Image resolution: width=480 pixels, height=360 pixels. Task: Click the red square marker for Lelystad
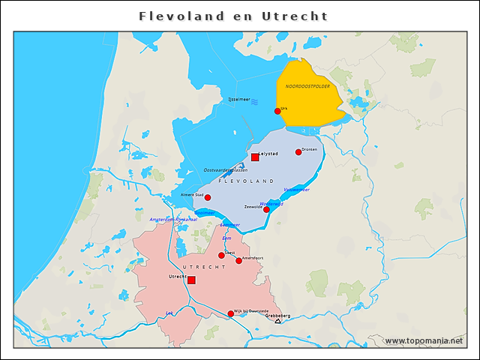tap(255, 157)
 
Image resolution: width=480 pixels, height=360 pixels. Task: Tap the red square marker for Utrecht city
tap(191, 280)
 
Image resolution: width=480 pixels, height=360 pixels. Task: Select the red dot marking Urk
tap(277, 111)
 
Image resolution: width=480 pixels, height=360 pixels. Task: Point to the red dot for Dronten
tap(298, 152)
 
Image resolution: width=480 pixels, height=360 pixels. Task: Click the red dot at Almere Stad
tap(208, 197)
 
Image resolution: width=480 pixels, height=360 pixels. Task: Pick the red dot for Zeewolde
tap(266, 210)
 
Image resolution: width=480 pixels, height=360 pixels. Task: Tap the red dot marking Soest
tap(221, 256)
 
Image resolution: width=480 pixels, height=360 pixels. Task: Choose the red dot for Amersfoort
tap(238, 261)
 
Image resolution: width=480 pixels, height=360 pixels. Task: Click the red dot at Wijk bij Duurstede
tap(230, 313)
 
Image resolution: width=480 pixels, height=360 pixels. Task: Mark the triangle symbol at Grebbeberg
tap(277, 321)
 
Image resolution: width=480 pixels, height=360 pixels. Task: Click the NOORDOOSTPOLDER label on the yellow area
tap(307, 86)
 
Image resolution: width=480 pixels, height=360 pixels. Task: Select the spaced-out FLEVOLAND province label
tap(245, 182)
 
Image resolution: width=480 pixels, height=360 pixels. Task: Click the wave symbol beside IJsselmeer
tap(256, 100)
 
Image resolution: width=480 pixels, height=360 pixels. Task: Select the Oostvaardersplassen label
tap(225, 170)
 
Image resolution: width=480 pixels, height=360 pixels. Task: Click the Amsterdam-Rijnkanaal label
tap(173, 220)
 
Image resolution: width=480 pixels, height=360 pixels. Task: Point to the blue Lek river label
tap(169, 313)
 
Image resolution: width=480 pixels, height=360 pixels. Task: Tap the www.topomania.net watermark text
tap(424, 340)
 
